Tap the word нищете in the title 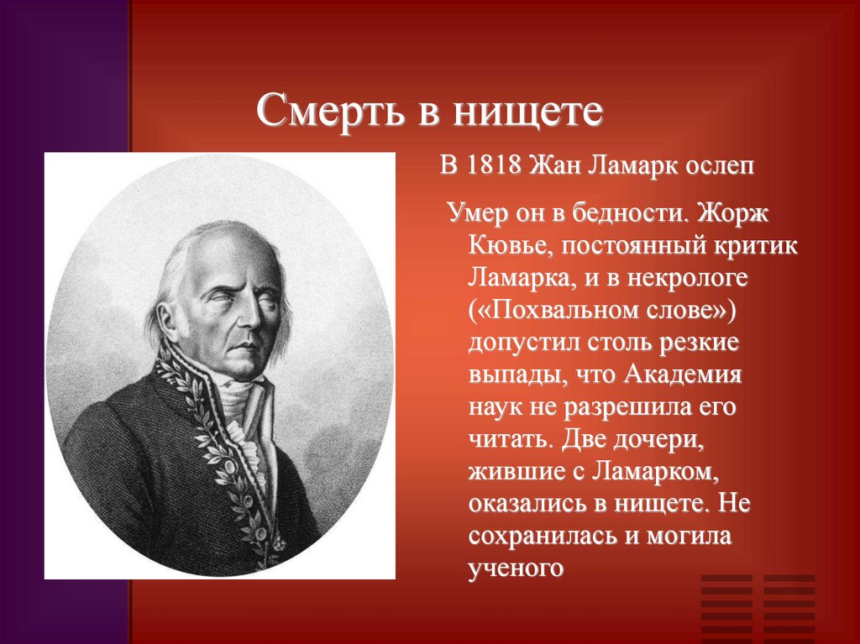coord(527,111)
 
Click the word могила coord(690,537)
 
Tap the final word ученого coord(514,568)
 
